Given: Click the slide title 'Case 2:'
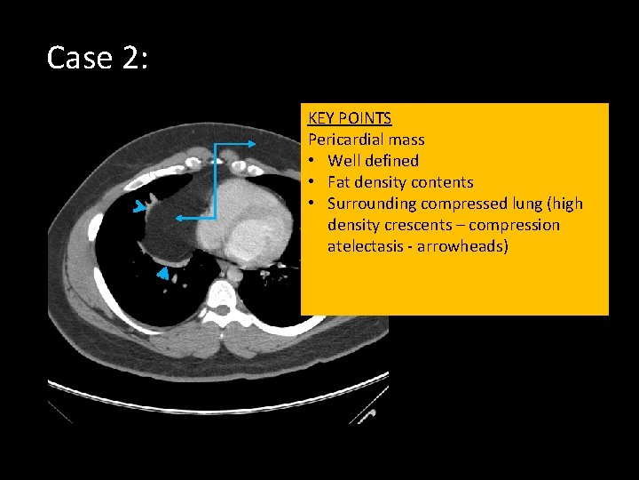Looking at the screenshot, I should coord(97,59).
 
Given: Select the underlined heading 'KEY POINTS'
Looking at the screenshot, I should coord(350,118).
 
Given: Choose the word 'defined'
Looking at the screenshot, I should coord(391,161).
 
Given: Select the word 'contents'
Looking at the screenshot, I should coord(443,182).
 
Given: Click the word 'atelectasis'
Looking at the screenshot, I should coord(368,246).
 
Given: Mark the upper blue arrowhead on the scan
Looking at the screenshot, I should coord(139,208).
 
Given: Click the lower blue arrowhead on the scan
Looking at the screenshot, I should coord(162,276).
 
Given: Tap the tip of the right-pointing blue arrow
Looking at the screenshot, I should coord(255,143).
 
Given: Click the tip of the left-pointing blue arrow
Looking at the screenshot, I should coord(176,217).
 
